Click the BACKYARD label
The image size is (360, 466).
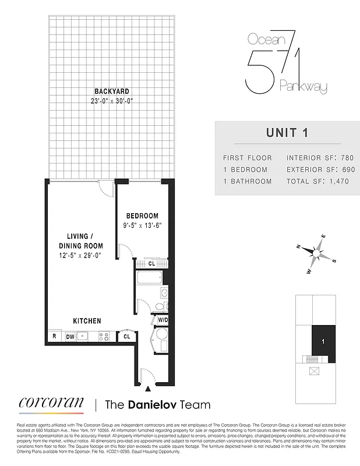coord(112,91)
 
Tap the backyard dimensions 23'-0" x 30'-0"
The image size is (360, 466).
coord(112,100)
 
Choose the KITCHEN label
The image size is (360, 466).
coord(87,321)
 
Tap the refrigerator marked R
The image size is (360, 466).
coord(54,336)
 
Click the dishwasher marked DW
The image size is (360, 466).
coord(69,336)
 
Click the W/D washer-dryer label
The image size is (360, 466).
coord(163,320)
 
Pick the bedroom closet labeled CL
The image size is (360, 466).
coord(151,263)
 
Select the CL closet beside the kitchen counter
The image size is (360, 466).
coord(126,336)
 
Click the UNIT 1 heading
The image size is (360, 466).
coord(286,132)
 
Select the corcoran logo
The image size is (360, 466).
coord(50,403)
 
